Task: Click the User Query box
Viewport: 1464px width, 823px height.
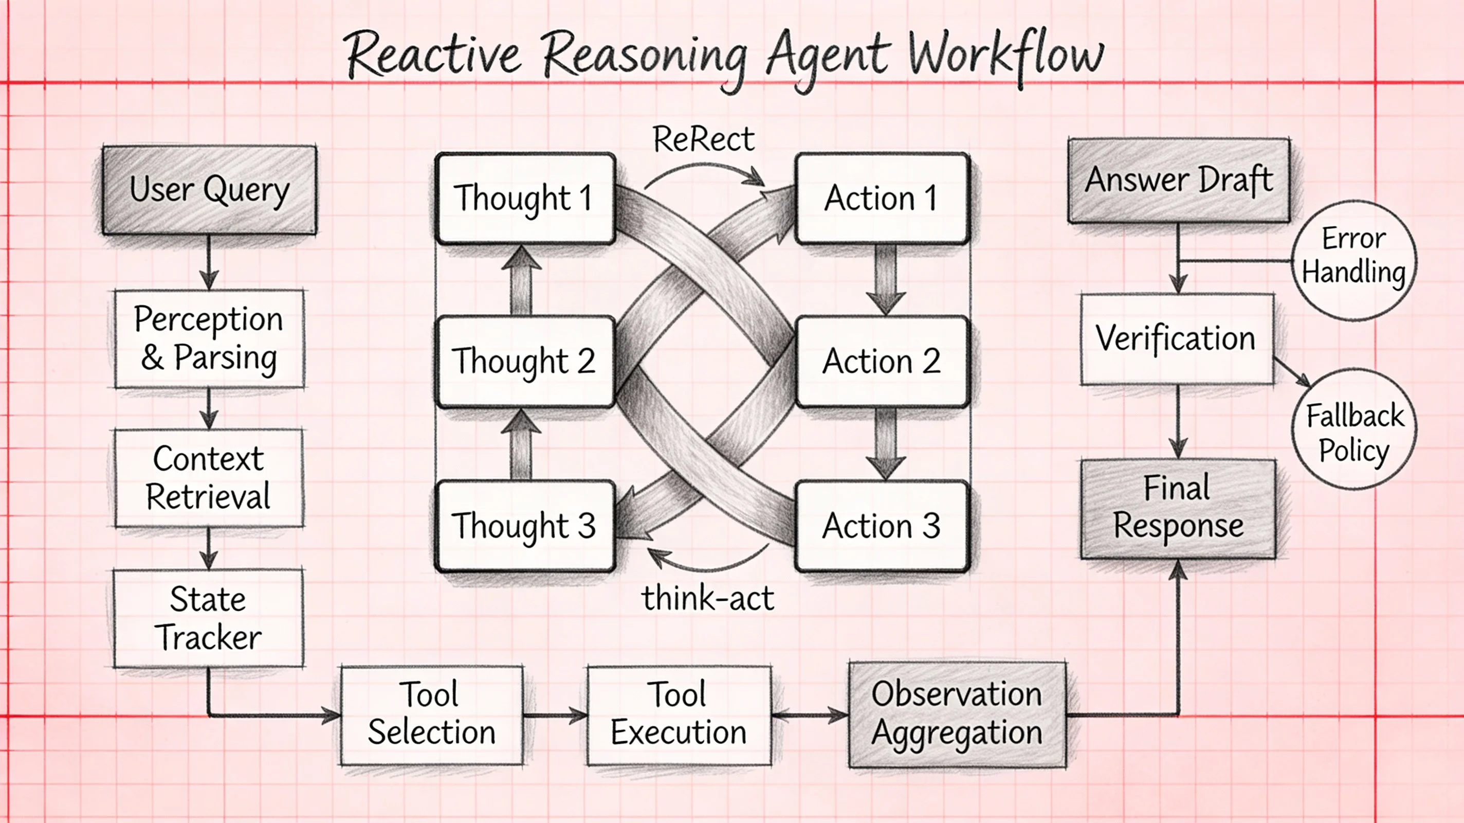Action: point(209,190)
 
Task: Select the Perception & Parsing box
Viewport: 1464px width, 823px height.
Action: point(209,339)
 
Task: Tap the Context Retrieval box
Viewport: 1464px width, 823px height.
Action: point(209,478)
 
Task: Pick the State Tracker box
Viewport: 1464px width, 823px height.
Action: point(209,618)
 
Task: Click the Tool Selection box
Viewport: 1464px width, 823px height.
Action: point(431,715)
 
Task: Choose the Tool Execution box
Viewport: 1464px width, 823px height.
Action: point(679,715)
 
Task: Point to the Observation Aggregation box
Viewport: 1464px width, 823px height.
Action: point(957,714)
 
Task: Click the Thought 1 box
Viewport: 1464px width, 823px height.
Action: point(524,198)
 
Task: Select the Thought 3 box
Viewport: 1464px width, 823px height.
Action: point(524,526)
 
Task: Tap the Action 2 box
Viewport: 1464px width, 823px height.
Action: point(882,362)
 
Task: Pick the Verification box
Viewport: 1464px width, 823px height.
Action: point(1177,339)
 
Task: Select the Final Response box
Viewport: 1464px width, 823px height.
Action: point(1178,508)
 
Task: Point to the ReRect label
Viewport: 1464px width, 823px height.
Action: point(704,140)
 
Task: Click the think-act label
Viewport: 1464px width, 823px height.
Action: point(707,598)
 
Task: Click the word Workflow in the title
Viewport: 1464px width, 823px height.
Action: point(1006,57)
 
